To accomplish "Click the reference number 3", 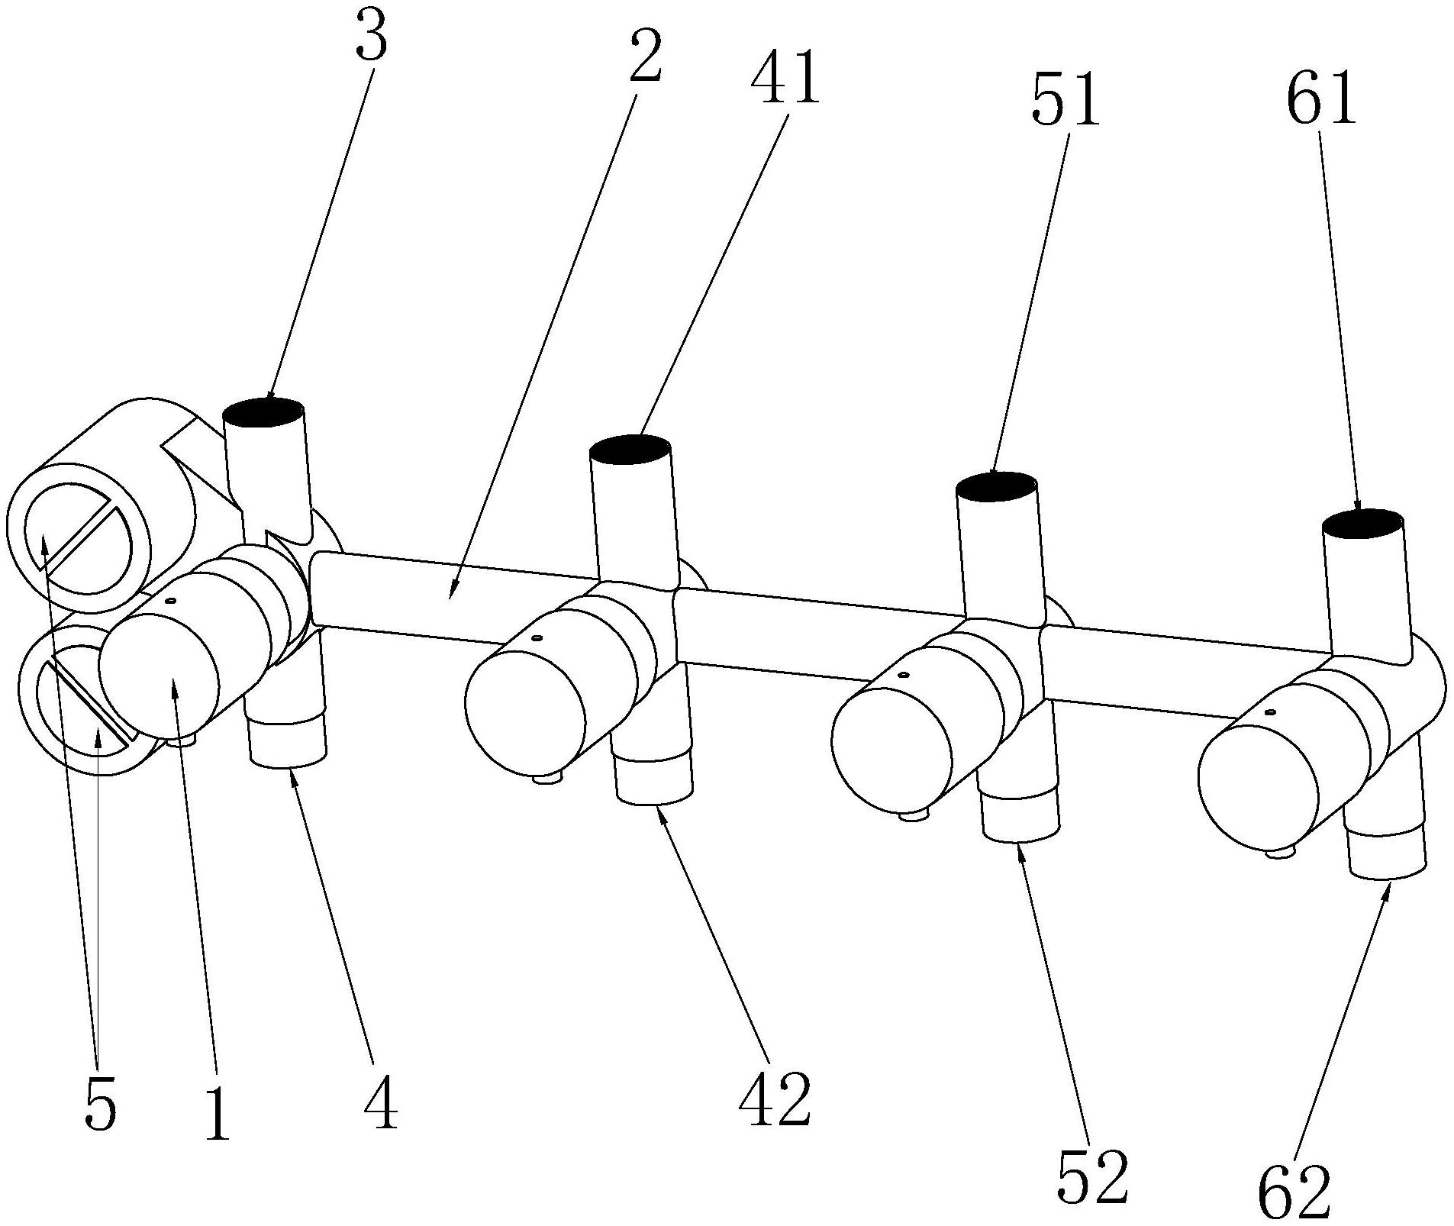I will click(x=372, y=43).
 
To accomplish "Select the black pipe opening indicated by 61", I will click(x=1362, y=523).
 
